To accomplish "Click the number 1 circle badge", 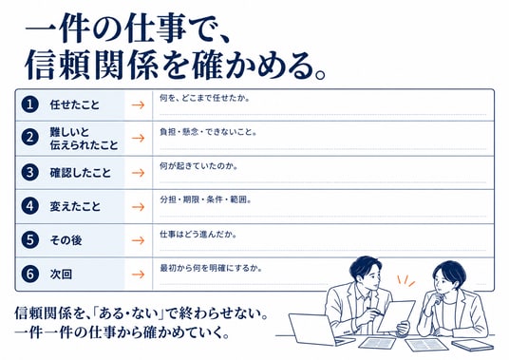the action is coord(29,104).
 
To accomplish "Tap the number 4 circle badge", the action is coord(29,206).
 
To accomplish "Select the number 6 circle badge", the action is coord(29,274).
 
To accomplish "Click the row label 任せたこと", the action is coord(74,104).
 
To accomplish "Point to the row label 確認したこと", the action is coord(81,173).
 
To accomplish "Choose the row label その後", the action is coord(66,240).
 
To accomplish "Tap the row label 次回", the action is coord(61,275).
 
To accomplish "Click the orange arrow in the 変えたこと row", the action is coord(138,207).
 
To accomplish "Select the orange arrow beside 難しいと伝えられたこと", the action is coord(138,139).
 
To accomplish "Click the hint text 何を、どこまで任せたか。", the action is coord(204,98).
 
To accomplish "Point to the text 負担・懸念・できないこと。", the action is coord(208,132).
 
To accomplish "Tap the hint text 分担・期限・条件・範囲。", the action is coord(205,199).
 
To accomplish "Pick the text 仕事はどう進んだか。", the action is coord(198,234).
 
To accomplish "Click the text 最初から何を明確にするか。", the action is coord(211,269).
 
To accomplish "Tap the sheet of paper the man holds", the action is coord(396,316).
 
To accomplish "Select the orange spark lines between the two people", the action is coord(406,280).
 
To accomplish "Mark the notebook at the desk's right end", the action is coord(472,345).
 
